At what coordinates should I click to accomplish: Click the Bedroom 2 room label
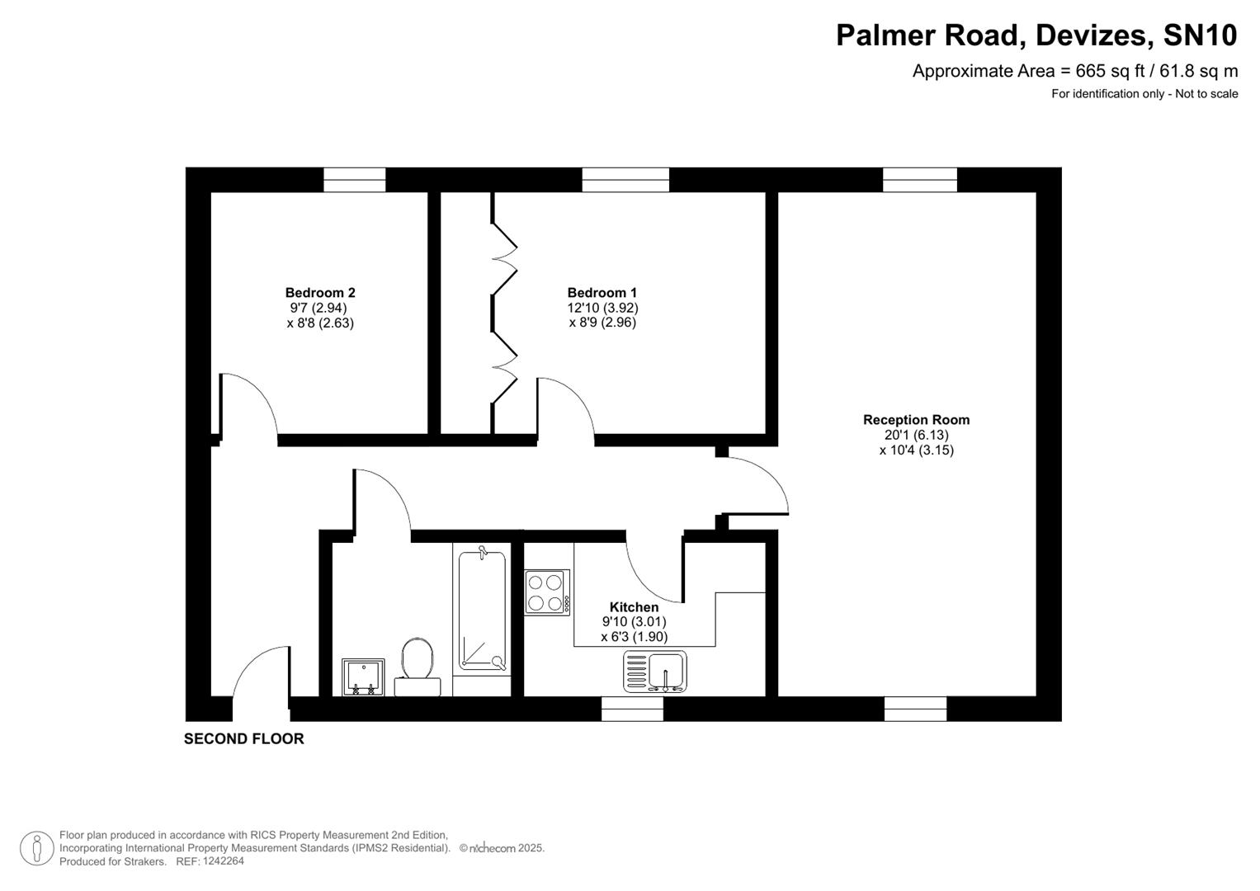pos(320,292)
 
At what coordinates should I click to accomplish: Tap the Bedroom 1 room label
pos(602,292)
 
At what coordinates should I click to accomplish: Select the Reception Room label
pos(916,419)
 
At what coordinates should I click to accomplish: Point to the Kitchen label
pos(634,607)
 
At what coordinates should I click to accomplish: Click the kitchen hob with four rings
pos(546,592)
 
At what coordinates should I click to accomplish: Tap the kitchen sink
pos(655,671)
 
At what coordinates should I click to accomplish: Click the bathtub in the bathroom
pos(482,610)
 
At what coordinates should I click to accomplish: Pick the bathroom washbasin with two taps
pos(363,677)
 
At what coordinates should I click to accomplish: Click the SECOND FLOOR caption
pos(243,738)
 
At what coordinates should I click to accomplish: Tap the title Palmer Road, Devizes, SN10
pos(1036,35)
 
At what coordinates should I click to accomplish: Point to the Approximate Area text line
pos(1074,71)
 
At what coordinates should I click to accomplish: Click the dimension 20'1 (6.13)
pos(916,435)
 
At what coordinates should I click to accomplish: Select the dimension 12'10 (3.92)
pos(602,308)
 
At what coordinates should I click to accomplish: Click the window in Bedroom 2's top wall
pos(354,180)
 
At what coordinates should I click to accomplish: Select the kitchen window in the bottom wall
pos(632,709)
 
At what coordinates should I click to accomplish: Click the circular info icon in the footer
pos(36,848)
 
